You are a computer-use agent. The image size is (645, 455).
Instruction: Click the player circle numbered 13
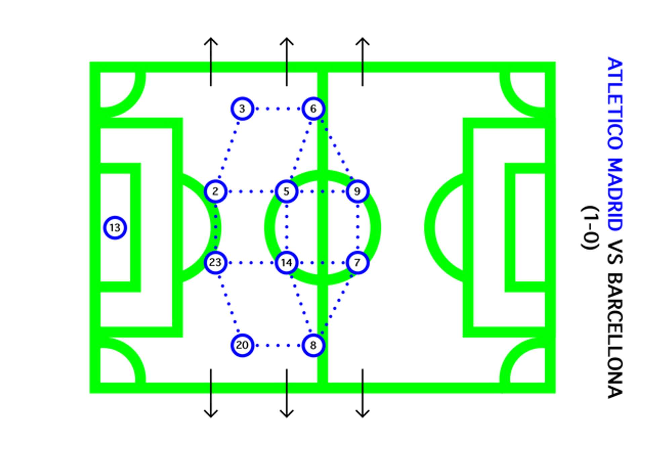[x=115, y=228]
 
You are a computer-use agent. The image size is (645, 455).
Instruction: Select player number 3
[x=242, y=109]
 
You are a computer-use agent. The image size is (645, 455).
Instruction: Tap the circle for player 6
[x=313, y=109]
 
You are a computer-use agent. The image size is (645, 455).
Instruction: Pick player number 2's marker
[x=215, y=191]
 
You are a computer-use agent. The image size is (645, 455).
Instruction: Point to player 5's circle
[x=286, y=191]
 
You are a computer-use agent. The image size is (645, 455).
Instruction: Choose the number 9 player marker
[x=357, y=191]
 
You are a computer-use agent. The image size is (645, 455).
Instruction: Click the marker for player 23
[x=215, y=262]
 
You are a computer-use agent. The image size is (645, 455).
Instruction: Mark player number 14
[x=286, y=262]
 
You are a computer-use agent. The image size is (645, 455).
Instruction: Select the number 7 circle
[x=357, y=262]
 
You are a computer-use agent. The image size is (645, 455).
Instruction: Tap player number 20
[x=242, y=345]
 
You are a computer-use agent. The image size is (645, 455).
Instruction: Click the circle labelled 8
[x=313, y=345]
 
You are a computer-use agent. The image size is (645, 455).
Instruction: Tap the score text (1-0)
[x=591, y=228]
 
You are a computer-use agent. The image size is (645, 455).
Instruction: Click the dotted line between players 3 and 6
[x=277, y=109]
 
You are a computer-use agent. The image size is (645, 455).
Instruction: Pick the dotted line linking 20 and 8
[x=277, y=345]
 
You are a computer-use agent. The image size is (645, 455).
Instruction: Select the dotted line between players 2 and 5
[x=251, y=192]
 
